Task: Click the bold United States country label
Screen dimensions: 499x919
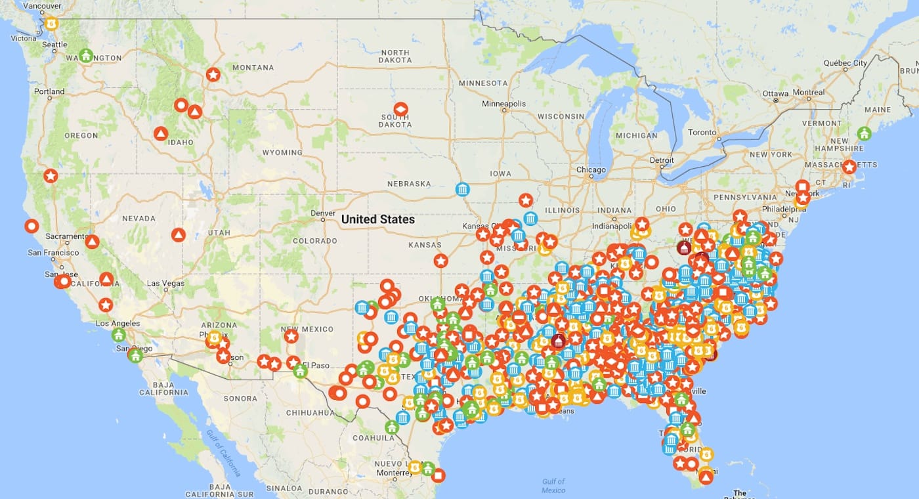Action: [x=378, y=219]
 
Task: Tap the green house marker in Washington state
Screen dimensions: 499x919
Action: [x=85, y=55]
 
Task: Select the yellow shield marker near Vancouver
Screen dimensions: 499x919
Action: [x=51, y=23]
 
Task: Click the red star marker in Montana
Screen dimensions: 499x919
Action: [x=213, y=75]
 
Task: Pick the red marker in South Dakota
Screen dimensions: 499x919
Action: [x=400, y=109]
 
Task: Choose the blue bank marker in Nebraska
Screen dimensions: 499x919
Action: [x=463, y=190]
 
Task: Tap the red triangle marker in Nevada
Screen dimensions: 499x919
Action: [x=178, y=234]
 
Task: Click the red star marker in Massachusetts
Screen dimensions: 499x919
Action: [x=849, y=167]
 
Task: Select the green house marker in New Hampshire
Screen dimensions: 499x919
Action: [x=864, y=133]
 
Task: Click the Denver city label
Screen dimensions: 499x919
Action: [x=323, y=213]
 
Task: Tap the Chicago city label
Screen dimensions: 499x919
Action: [x=591, y=170]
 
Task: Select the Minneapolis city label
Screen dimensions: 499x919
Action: [x=503, y=104]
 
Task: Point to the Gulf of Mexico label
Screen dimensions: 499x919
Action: [x=553, y=486]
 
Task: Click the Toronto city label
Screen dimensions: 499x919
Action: [x=702, y=132]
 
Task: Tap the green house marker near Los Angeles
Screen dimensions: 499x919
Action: [x=118, y=335]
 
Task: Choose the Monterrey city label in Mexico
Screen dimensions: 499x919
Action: [x=394, y=473]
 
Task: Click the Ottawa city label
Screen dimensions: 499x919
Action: [x=775, y=93]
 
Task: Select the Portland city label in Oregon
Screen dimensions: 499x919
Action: [x=49, y=91]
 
